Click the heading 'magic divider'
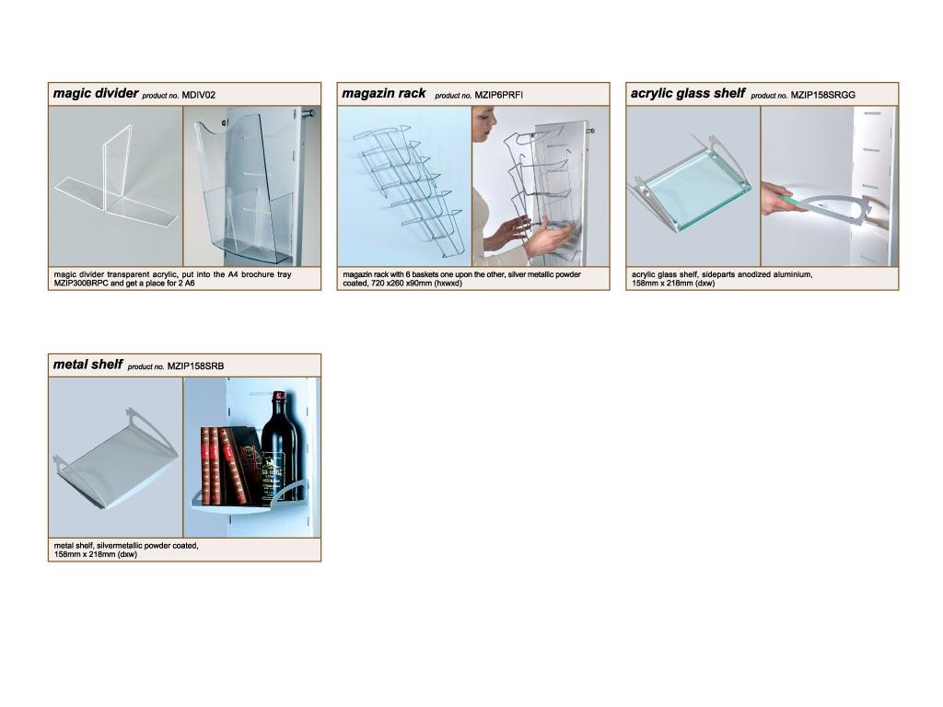(x=96, y=93)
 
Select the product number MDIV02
(x=199, y=95)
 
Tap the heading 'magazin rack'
(x=384, y=93)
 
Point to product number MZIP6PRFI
(x=498, y=95)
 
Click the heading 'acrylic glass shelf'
(x=687, y=93)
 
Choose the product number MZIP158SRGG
(x=822, y=95)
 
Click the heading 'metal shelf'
(x=87, y=365)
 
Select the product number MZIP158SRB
(x=195, y=366)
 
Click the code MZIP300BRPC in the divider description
(x=81, y=284)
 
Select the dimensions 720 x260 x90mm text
(x=402, y=284)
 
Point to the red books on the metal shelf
(x=224, y=465)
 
